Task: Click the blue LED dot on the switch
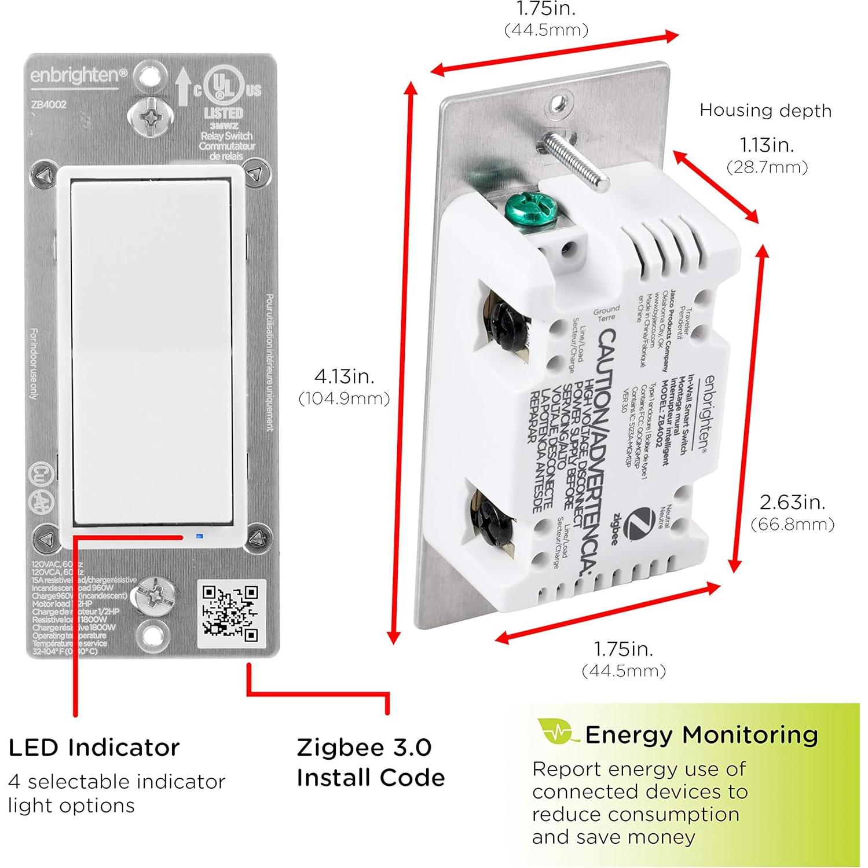coord(200,536)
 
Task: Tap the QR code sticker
coord(230,614)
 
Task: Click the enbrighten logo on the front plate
coord(78,76)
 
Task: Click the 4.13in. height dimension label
coord(344,377)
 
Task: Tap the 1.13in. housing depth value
coord(767,145)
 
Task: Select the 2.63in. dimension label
coord(792,502)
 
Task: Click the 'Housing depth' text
coord(765,110)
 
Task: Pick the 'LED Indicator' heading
coord(94,748)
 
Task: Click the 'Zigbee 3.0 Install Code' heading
coord(371,762)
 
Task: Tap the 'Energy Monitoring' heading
coord(701,735)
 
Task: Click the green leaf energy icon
coord(557,732)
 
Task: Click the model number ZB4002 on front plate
coord(49,105)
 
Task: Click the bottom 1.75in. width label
coord(624,649)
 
